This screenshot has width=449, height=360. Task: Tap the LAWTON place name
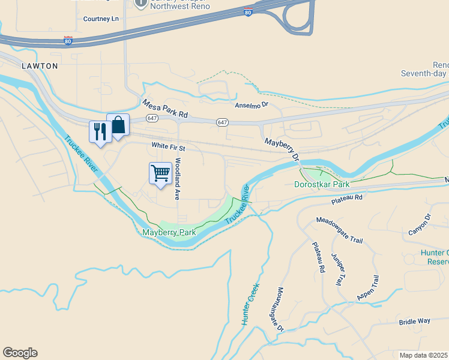click(x=40, y=65)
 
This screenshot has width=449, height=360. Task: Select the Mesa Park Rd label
click(x=165, y=108)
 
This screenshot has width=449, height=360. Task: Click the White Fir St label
click(x=169, y=146)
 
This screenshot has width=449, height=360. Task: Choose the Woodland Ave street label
click(x=178, y=179)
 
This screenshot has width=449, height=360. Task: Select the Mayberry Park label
click(x=169, y=232)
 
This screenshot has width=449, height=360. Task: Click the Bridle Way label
click(x=414, y=322)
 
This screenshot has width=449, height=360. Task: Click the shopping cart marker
click(x=160, y=173)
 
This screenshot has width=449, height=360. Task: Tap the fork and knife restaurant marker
click(x=100, y=132)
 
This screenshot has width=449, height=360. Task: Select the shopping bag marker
click(x=118, y=125)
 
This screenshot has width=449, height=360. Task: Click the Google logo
click(x=20, y=353)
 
